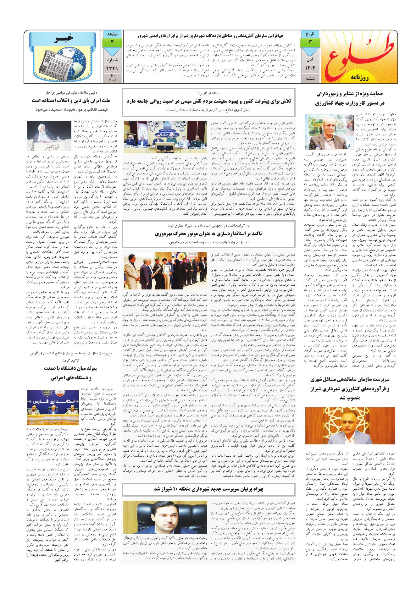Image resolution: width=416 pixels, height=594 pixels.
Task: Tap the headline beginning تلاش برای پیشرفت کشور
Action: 209,101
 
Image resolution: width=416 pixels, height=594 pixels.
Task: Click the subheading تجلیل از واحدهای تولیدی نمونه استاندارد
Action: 209,243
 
